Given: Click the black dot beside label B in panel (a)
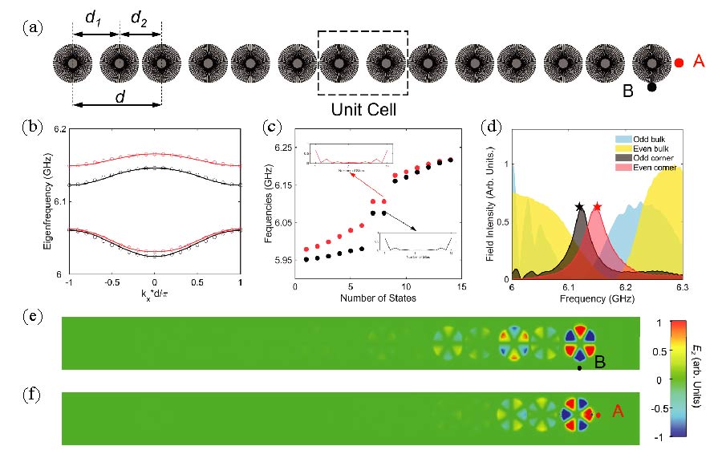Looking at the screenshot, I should tap(652, 87).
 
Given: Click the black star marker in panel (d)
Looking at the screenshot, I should tap(579, 207).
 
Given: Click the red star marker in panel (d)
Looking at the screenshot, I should tap(597, 207).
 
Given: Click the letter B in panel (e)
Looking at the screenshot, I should tap(598, 363).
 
